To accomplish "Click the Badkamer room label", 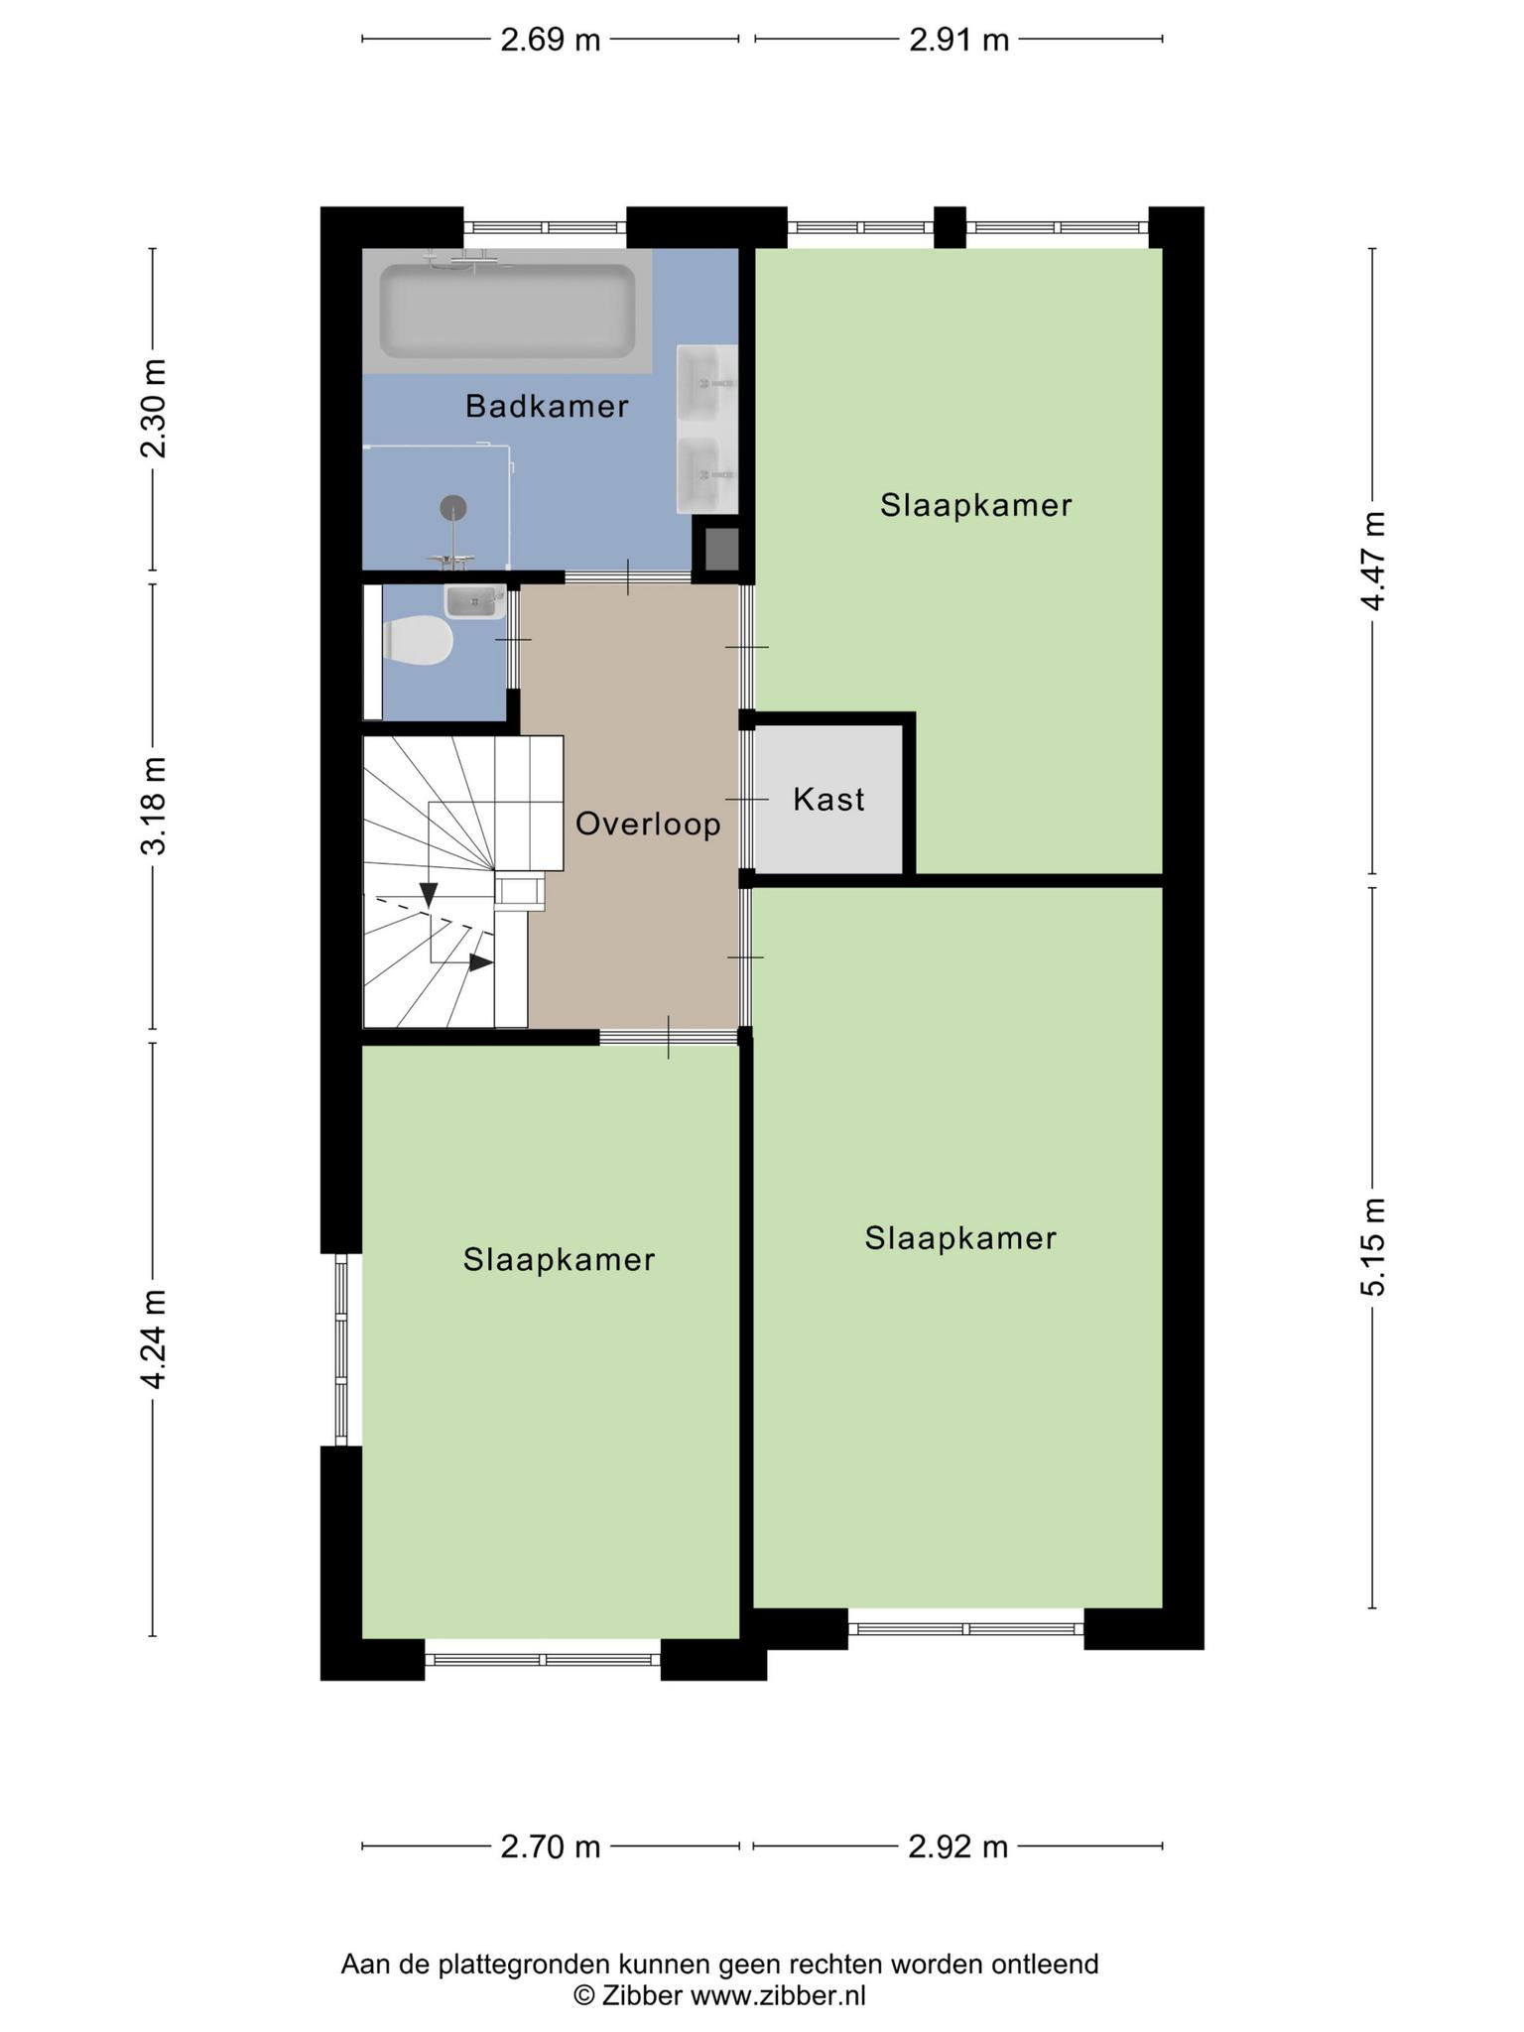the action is tap(547, 406).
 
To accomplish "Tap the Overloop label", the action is tap(648, 824).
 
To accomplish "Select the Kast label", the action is tap(828, 799).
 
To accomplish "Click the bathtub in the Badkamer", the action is tap(507, 311).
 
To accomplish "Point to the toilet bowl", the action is tap(418, 641).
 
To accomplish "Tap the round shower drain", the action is tap(452, 507).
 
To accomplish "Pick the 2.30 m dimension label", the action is tap(153, 408).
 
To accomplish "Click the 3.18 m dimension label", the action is tap(153, 805).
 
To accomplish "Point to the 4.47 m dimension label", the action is tap(1373, 562).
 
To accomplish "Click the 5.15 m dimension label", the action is tap(1373, 1246).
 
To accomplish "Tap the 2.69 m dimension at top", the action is tap(551, 40).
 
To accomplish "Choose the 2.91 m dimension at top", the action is tap(959, 40).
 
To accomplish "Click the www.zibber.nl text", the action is tap(778, 1995).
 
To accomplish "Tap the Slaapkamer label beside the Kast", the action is tap(976, 505).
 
